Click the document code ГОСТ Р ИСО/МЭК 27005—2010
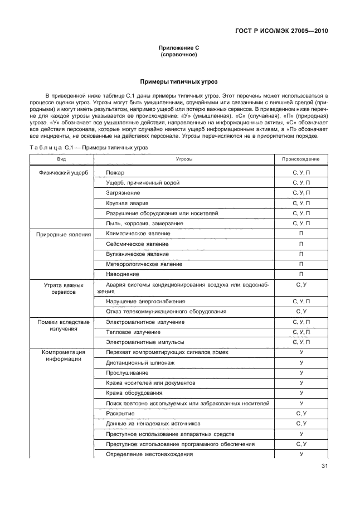pos(284,31)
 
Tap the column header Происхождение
pos(300,159)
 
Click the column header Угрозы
pos(184,159)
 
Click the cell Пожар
pos(114,173)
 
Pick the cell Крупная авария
pos(127,203)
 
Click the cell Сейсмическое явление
pos(137,244)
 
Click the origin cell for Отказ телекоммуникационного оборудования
pos(300,311)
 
